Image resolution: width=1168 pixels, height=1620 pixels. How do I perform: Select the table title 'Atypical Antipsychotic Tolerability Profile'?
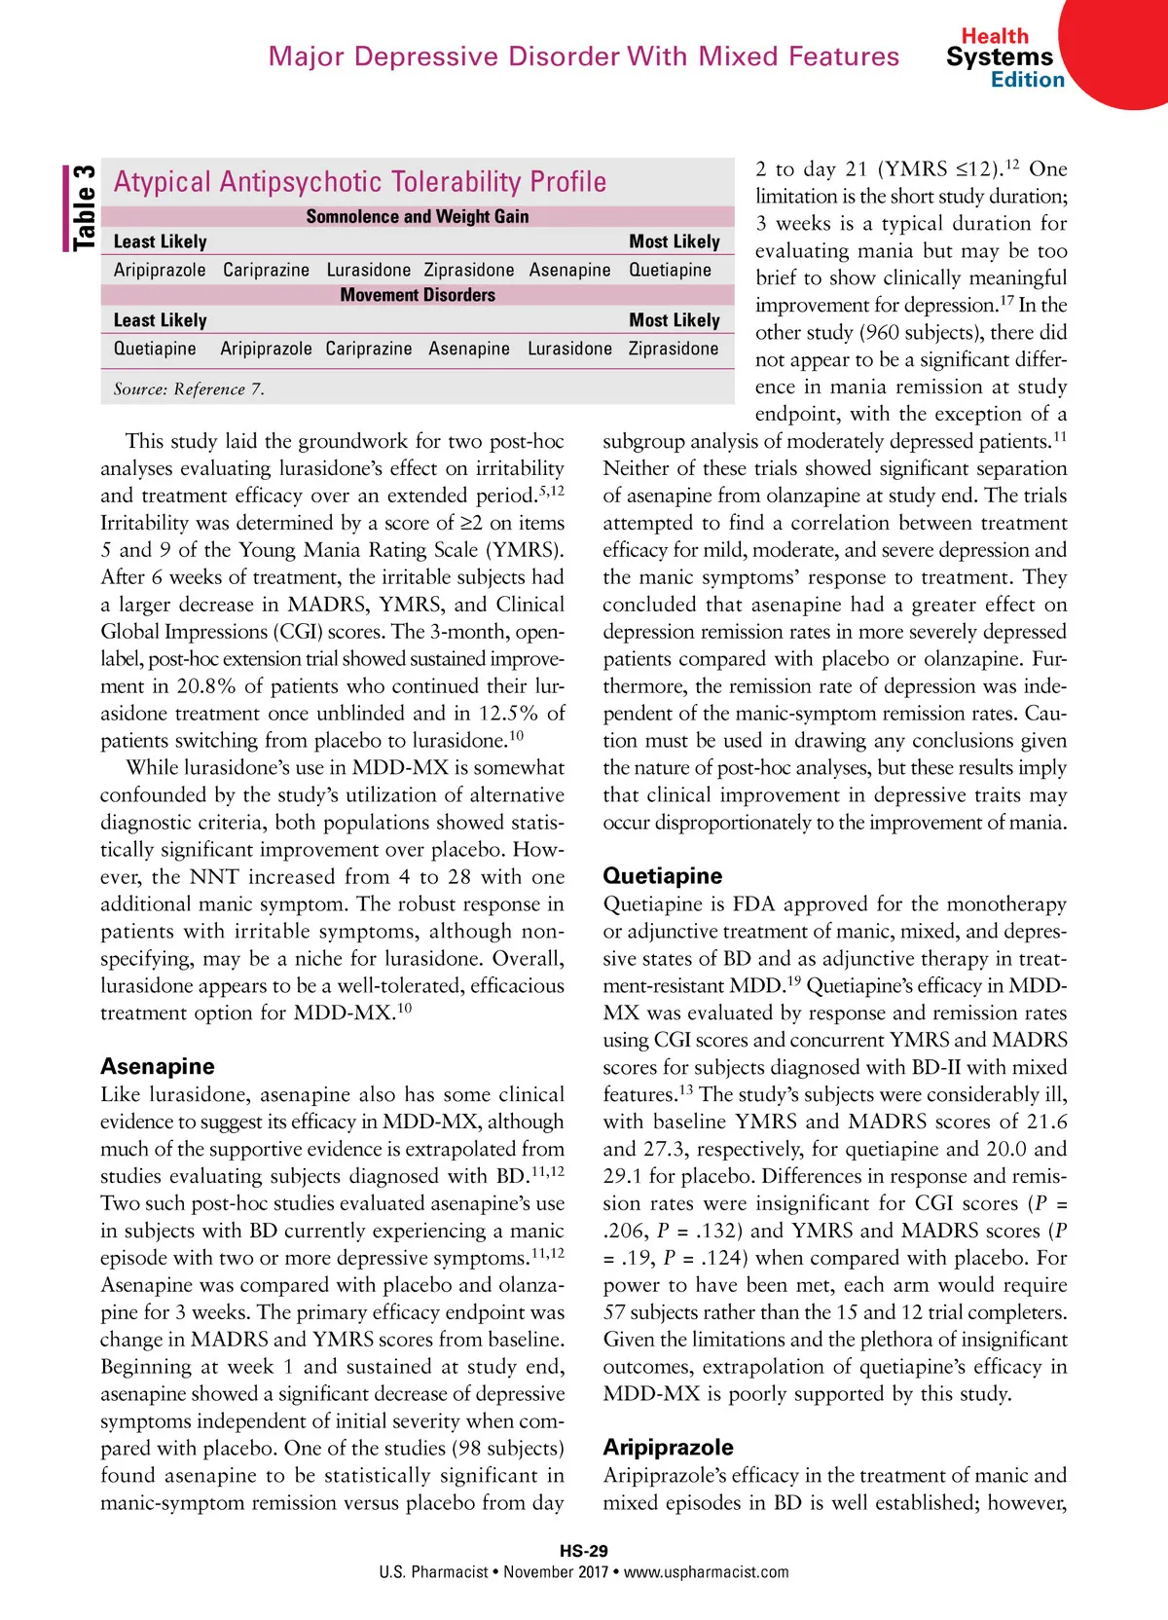point(360,182)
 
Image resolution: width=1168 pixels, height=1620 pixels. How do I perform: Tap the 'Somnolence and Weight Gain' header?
point(418,216)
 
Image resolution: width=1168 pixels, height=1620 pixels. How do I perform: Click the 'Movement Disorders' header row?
point(418,295)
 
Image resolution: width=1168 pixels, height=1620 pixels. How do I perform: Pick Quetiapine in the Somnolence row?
point(670,270)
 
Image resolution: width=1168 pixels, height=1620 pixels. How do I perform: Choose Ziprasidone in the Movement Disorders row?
point(673,349)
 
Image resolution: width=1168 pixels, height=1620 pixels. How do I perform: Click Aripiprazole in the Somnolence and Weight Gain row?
point(160,270)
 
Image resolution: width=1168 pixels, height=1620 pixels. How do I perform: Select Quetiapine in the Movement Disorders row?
point(155,349)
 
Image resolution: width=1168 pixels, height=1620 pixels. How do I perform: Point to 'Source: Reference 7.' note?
point(189,389)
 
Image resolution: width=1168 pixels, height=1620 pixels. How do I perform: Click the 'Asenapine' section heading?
point(158,1066)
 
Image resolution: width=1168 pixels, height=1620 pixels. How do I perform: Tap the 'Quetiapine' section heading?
point(663,875)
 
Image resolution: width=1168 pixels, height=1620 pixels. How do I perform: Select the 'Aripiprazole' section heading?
point(669,1447)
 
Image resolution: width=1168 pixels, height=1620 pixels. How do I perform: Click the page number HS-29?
point(584,1551)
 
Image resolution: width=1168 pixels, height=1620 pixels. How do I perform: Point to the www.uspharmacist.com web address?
point(707,1571)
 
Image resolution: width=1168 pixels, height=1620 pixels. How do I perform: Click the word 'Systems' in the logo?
point(1000,57)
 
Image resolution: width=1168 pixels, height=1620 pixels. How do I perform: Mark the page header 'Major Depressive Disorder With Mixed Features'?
point(584,56)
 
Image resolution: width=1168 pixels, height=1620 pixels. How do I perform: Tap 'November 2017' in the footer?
point(556,1571)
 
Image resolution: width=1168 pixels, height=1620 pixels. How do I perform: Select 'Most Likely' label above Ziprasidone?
point(675,320)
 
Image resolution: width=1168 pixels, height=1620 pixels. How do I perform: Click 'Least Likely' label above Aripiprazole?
point(161,241)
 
